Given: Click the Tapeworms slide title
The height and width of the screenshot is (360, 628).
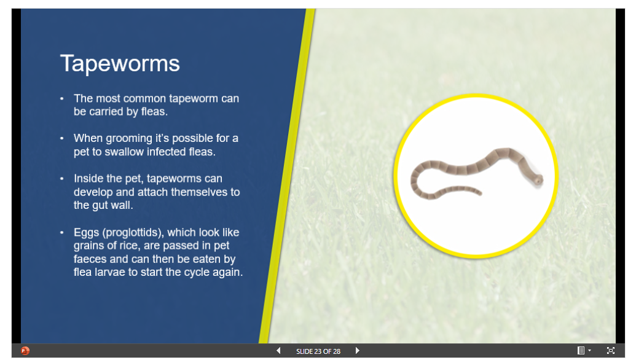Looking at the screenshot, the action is pos(120,64).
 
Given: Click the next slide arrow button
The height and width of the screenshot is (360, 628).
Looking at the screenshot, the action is pos(357,351).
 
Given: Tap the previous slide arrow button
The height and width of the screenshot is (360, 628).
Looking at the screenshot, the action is pos(278,351).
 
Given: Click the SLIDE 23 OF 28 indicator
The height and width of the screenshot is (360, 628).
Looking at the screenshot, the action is pos(318,351).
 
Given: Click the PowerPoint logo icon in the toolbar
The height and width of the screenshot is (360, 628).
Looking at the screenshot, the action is pos(25,351).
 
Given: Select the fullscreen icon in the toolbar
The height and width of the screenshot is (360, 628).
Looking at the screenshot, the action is pos(610,350).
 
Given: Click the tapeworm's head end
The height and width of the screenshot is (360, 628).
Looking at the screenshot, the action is pos(539,180).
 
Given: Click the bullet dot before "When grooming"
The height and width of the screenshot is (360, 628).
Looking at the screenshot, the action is pos(61,138).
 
